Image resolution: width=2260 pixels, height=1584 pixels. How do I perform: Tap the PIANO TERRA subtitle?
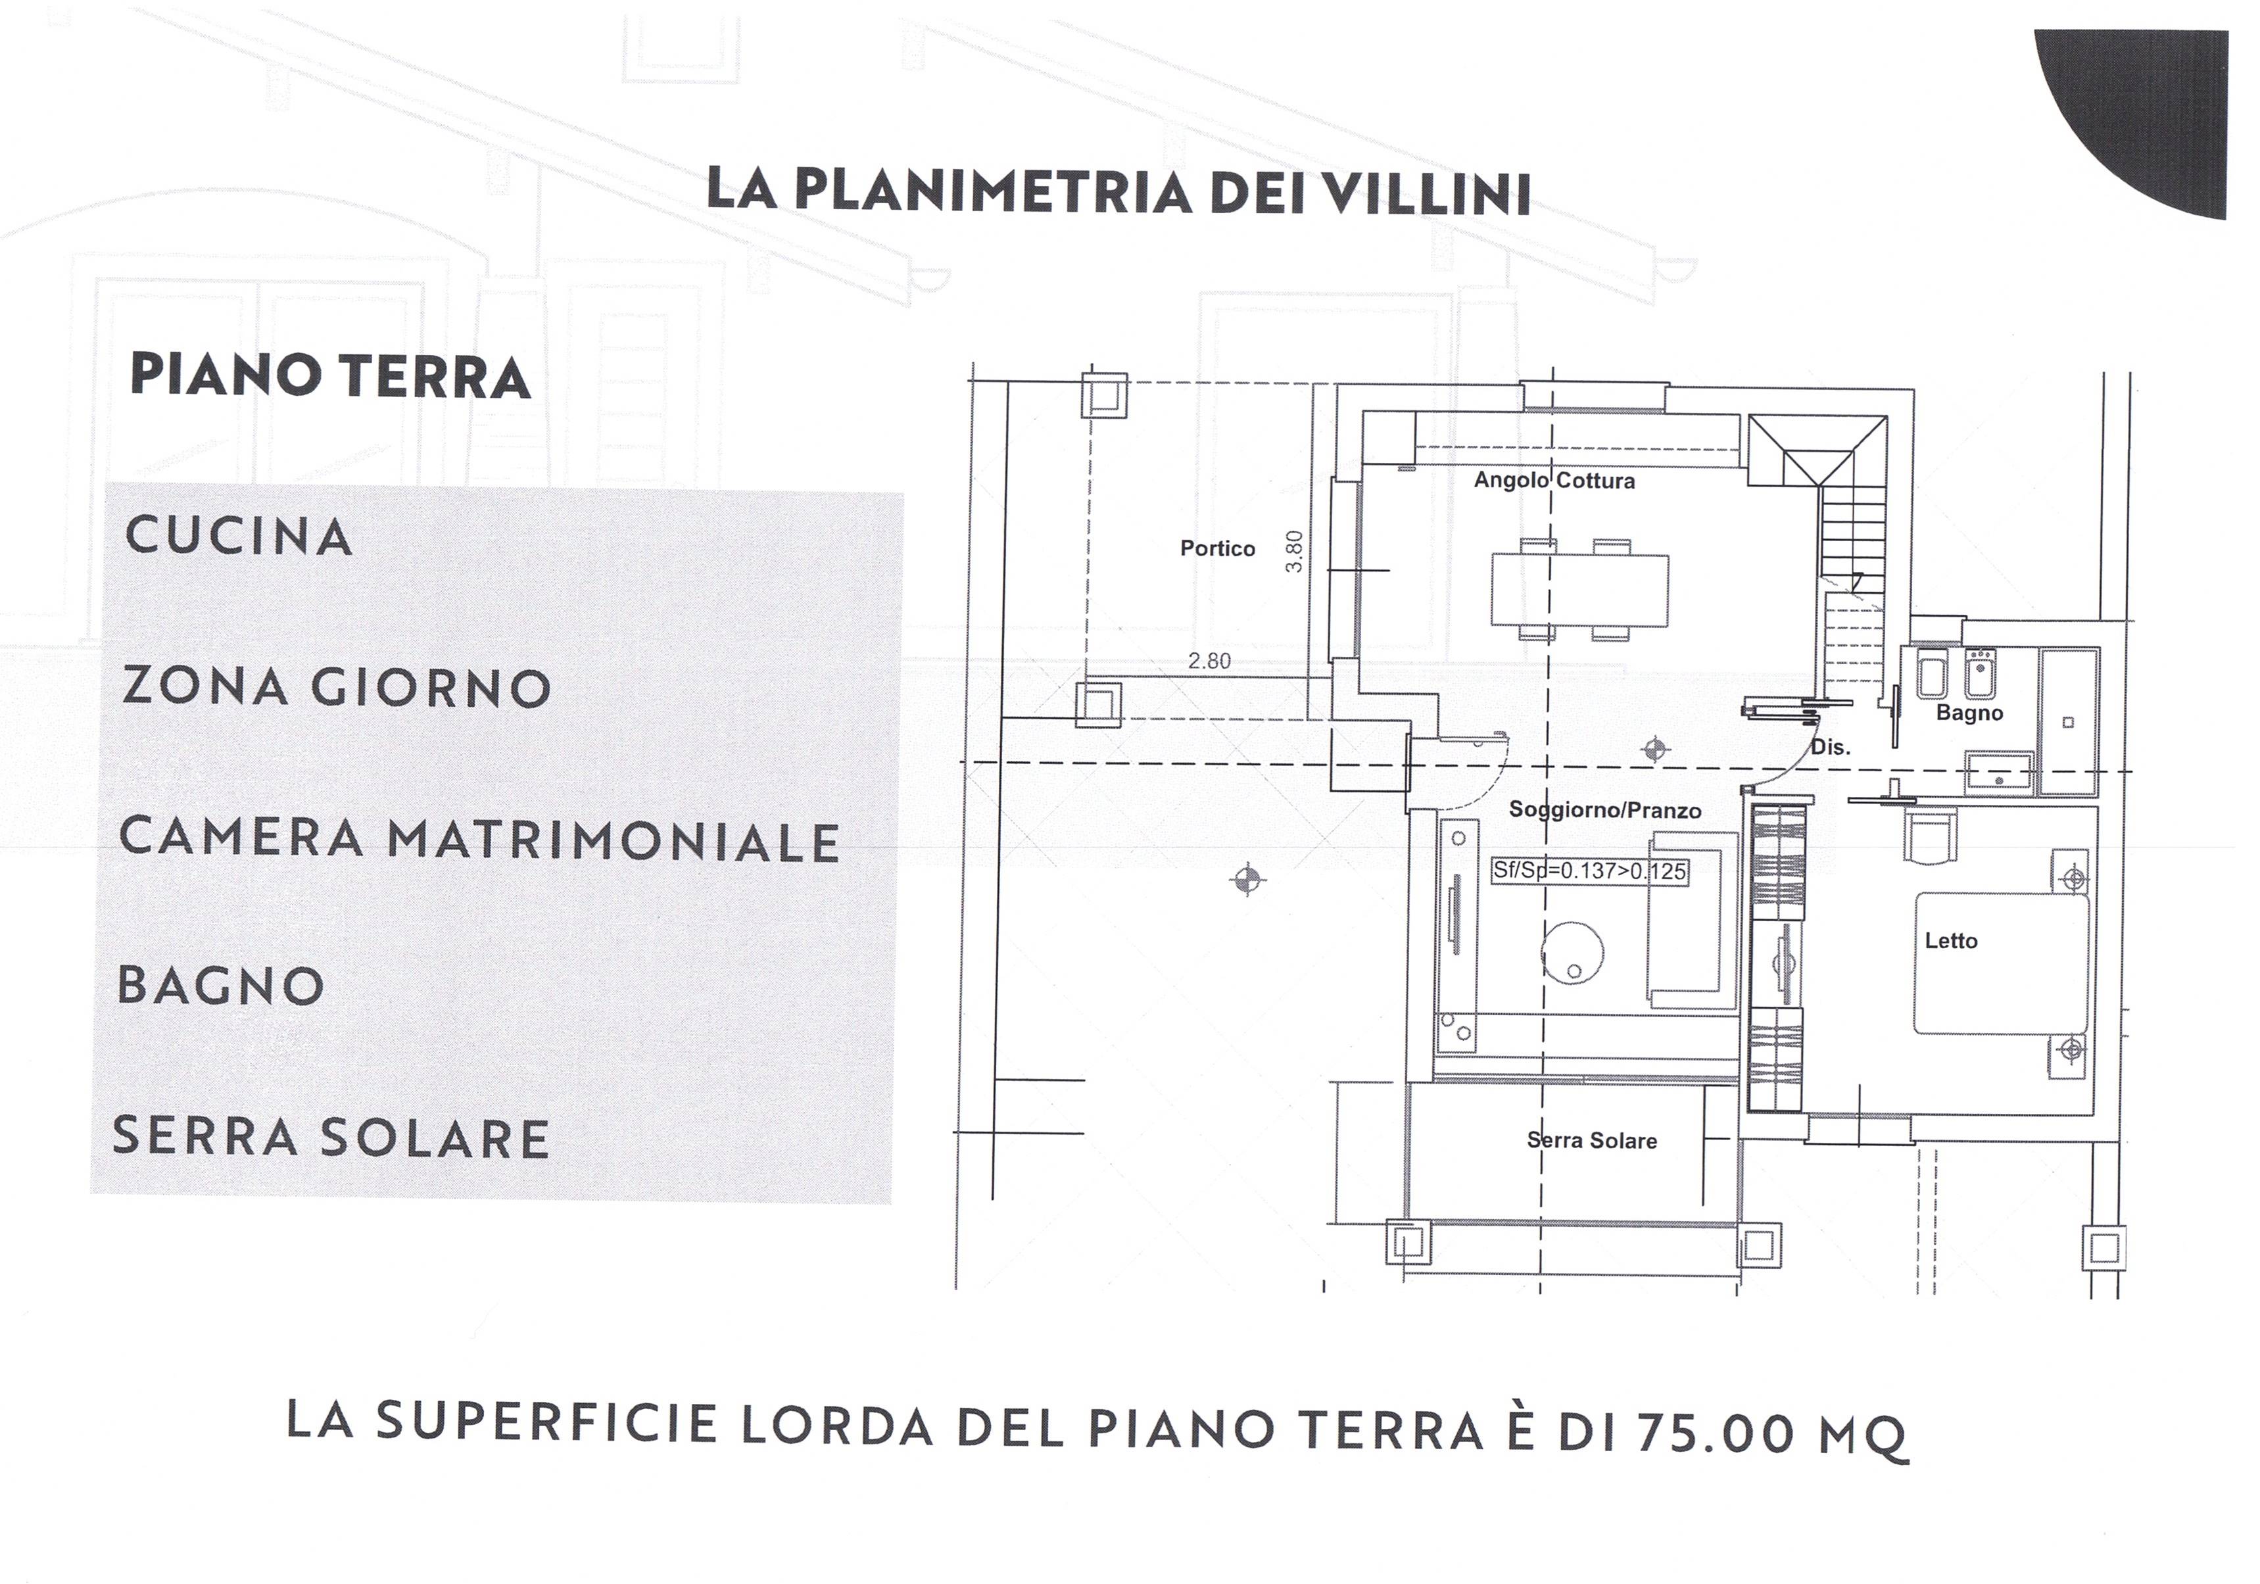point(331,375)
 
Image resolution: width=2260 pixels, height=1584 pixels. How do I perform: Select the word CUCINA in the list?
point(239,537)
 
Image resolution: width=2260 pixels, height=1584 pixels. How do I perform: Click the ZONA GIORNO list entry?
point(337,687)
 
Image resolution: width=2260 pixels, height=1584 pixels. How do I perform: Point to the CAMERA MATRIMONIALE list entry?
point(479,839)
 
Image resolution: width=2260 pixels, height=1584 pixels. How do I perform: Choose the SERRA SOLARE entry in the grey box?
point(331,1136)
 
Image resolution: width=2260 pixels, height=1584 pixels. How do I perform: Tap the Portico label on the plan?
point(1218,548)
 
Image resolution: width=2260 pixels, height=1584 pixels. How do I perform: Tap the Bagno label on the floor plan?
point(1969,713)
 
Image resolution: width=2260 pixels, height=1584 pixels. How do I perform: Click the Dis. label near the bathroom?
point(1830,747)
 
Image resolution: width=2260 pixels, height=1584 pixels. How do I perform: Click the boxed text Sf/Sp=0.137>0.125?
point(1589,871)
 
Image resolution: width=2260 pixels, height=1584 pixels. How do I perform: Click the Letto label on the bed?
point(1951,941)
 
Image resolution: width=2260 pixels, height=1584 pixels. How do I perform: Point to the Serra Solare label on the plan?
point(1592,1140)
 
